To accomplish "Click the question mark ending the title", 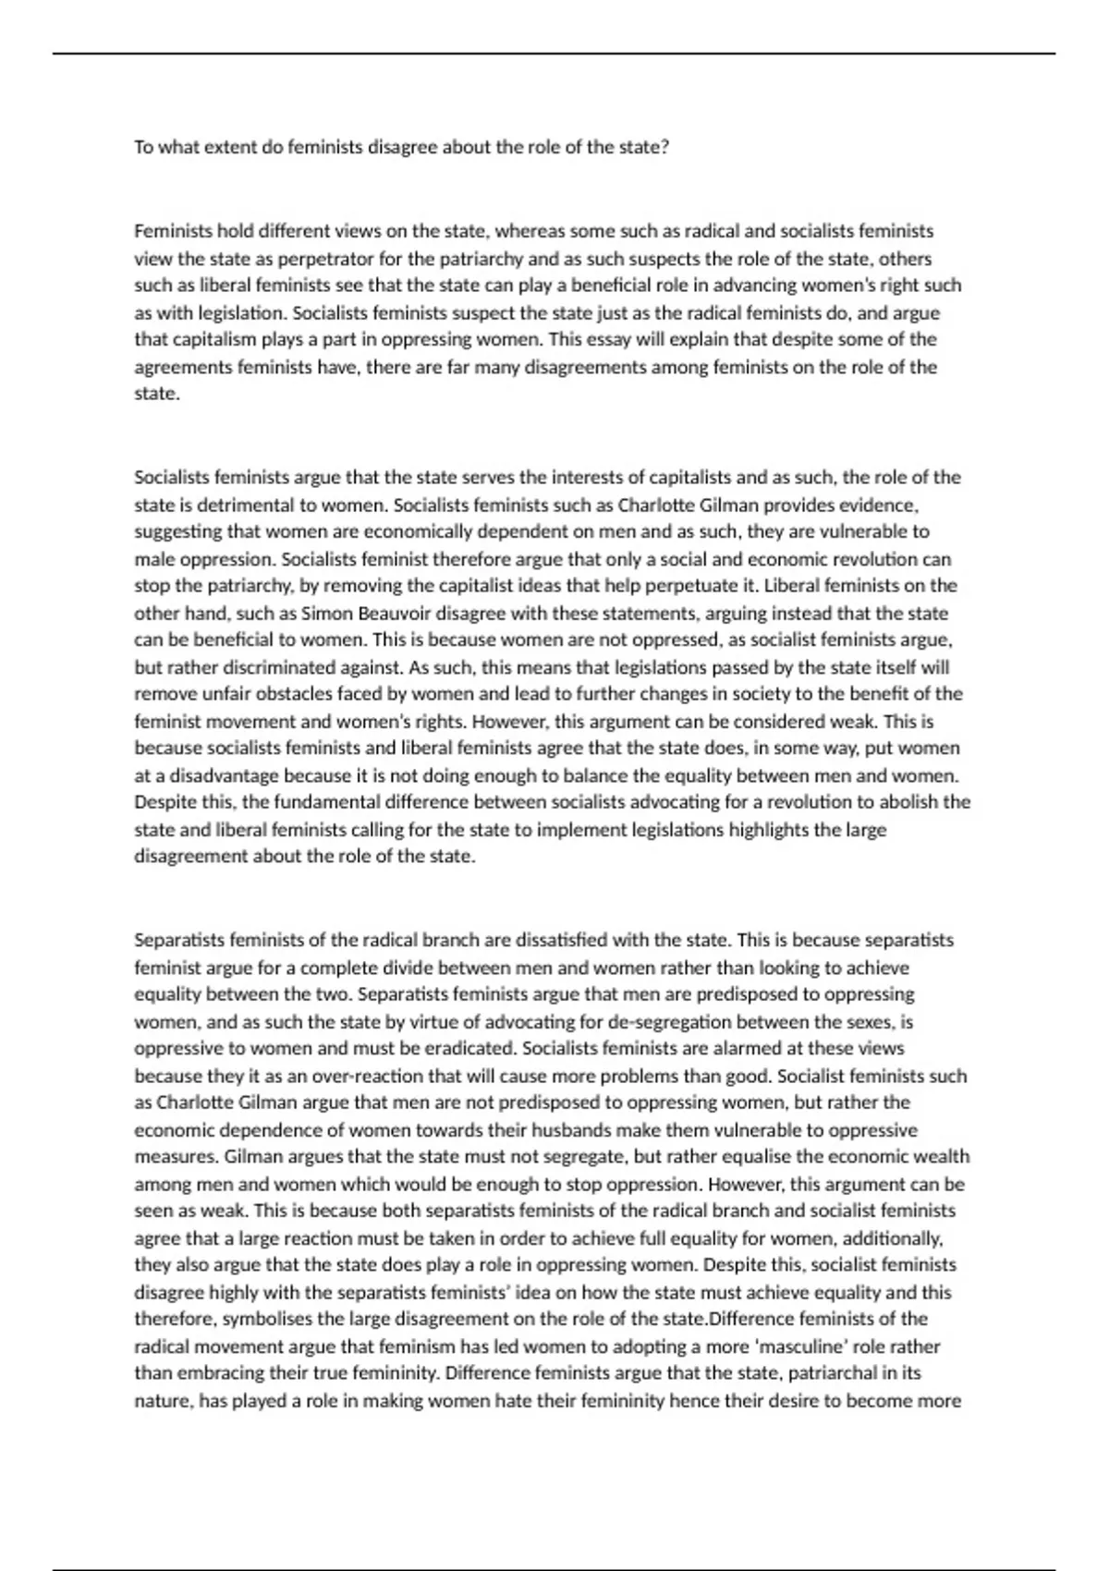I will coord(664,148).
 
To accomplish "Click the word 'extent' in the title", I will coord(222,148).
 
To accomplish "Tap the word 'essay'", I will coord(606,339).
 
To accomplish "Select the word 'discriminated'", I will coord(219,667).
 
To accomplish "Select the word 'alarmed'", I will coord(748,1049).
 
